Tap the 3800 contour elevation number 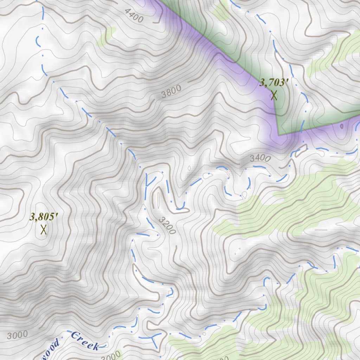pos(172,92)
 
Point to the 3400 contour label pos(261,158)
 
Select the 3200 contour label pos(167,226)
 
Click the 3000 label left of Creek pos(17,335)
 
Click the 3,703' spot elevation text pos(274,83)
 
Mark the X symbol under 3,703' pos(274,95)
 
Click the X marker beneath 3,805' pos(44,230)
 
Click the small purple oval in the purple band pos(342,126)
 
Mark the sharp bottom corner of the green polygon pos(278,135)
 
